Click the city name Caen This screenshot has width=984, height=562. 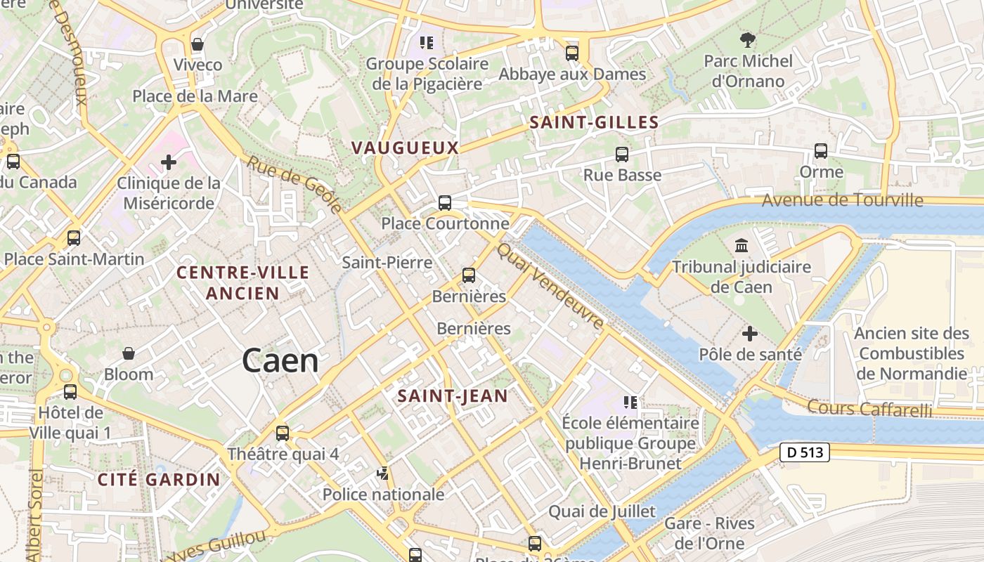[x=280, y=361]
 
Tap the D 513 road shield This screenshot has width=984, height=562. [x=805, y=453]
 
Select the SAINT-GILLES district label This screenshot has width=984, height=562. [x=594, y=122]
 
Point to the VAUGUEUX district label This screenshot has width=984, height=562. [x=405, y=148]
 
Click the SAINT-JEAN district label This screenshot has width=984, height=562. [x=453, y=396]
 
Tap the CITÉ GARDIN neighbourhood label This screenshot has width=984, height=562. [x=159, y=480]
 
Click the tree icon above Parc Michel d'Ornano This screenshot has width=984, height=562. [x=747, y=40]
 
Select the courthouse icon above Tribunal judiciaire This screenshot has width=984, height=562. [x=741, y=246]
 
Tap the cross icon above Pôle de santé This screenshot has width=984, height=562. [x=750, y=333]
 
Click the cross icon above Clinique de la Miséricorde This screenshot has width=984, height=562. [x=169, y=163]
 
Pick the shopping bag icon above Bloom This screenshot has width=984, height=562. [x=129, y=353]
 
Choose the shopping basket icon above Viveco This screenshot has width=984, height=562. [x=198, y=44]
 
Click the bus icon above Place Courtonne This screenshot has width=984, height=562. [x=444, y=203]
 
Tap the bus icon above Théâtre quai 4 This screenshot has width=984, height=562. [x=283, y=433]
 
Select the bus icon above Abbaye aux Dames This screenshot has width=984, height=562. [x=572, y=53]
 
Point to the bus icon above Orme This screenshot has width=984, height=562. [x=820, y=150]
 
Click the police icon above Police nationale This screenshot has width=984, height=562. [x=383, y=473]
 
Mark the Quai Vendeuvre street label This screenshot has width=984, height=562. [x=550, y=287]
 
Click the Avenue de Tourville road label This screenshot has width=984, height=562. [x=842, y=200]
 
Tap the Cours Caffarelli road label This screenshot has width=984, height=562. [x=869, y=408]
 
